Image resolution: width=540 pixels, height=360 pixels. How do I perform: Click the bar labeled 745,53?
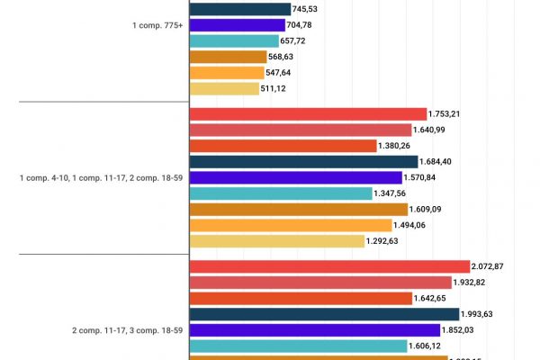coord(239,9)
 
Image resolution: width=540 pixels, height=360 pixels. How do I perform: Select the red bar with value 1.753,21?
coord(308,114)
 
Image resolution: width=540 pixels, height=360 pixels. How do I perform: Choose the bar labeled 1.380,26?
coord(283,146)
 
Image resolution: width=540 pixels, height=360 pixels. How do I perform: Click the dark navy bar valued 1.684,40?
coord(303,162)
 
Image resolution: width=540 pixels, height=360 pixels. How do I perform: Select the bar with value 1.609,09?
coord(298,209)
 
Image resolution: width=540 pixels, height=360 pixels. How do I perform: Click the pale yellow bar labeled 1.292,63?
coord(276,241)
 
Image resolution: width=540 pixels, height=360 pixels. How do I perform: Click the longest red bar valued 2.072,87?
coord(329,266)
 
